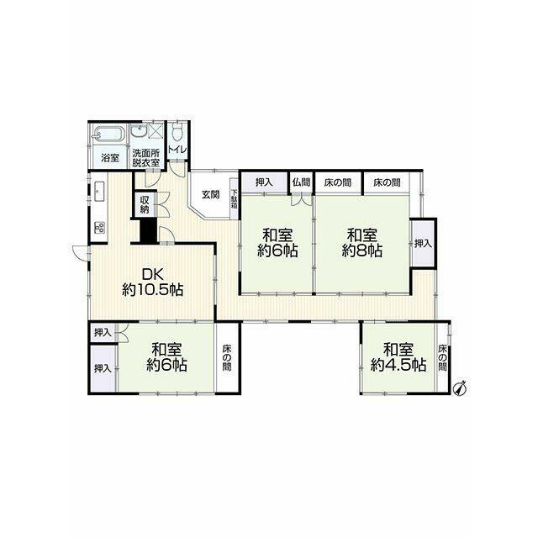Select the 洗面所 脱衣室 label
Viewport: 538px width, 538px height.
click(146, 158)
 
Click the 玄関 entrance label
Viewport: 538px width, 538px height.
click(210, 194)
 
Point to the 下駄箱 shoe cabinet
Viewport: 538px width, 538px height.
click(234, 199)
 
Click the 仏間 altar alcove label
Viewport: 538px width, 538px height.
click(301, 182)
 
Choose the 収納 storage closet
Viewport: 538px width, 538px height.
click(145, 204)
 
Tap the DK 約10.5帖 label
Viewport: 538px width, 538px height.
click(153, 282)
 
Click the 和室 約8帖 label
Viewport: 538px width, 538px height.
click(362, 243)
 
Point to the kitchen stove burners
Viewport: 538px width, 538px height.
click(101, 228)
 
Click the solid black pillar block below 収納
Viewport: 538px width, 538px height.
click(149, 230)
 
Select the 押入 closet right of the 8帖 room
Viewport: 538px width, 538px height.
click(423, 243)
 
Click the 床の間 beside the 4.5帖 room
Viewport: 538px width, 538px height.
click(442, 356)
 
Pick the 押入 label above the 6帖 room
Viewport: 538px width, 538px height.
click(264, 182)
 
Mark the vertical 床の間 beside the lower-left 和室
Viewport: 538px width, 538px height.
click(226, 357)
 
